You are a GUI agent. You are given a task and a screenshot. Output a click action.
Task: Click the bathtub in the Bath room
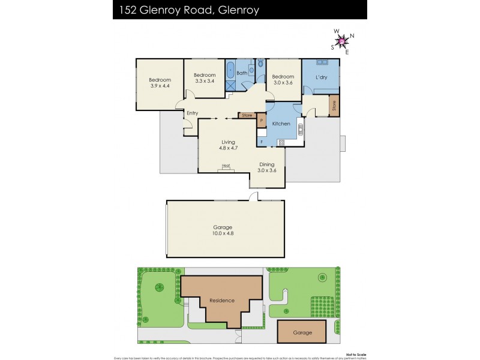tap(230, 69)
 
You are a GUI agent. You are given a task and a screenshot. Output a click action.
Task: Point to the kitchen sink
tap(300, 128)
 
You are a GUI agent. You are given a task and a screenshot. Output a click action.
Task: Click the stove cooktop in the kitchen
tap(281, 142)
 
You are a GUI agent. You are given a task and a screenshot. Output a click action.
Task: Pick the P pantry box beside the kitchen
tap(261, 121)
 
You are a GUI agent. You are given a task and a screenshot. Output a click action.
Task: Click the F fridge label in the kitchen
tap(261, 142)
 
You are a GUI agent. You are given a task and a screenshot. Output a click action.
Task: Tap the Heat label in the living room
tap(226, 166)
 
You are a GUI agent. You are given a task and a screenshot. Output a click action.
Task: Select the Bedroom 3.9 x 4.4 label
tap(160, 83)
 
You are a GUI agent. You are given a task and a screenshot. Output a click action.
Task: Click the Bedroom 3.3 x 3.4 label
tap(204, 78)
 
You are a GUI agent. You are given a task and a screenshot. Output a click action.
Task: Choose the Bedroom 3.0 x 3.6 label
tap(283, 80)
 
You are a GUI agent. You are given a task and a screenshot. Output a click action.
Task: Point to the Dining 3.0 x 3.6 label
tap(266, 167)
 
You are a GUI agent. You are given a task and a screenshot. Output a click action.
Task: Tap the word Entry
tap(192, 113)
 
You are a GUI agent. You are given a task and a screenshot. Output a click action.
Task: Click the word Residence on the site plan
tap(221, 300)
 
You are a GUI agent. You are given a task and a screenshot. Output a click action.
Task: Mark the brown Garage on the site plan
tap(302, 331)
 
